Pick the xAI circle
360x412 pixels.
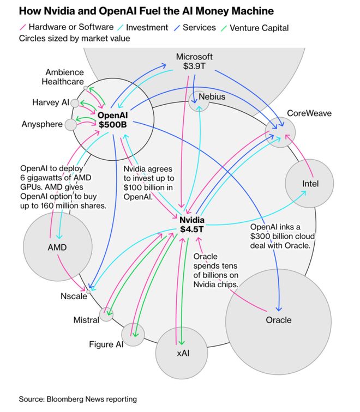[x=183, y=352]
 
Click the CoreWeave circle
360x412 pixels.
[x=280, y=131]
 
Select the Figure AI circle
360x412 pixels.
[x=133, y=334]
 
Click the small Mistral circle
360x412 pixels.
[x=106, y=314]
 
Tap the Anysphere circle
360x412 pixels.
[x=71, y=124]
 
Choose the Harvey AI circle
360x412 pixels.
[x=75, y=103]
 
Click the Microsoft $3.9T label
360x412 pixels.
[x=194, y=61]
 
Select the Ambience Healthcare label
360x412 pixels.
[x=65, y=77]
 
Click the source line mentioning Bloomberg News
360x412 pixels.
[x=78, y=399]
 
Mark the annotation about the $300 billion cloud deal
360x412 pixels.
[x=280, y=236]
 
